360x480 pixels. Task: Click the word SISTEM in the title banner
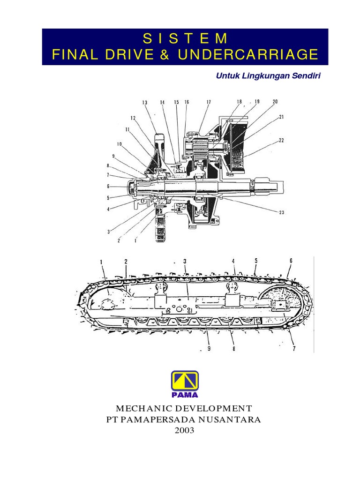(x=185, y=37)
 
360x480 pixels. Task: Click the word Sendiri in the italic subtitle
(x=304, y=75)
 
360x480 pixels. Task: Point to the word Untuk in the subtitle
(x=228, y=75)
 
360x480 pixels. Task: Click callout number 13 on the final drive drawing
(x=144, y=103)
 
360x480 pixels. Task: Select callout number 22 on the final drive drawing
(x=281, y=140)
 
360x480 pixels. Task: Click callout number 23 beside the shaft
(x=281, y=212)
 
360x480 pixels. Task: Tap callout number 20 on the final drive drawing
(x=275, y=101)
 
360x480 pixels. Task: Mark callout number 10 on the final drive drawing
(x=119, y=144)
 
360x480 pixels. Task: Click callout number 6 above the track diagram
(x=291, y=261)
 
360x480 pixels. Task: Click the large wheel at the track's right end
(x=276, y=302)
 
